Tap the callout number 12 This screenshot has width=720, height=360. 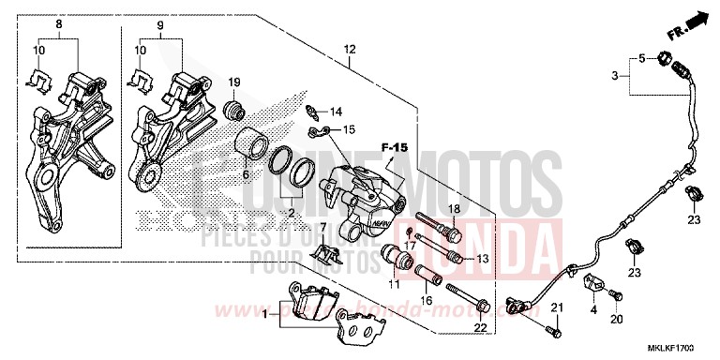coord(350,49)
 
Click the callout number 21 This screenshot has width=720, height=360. coord(555,307)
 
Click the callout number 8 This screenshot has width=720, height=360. coord(59,22)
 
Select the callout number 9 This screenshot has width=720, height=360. coord(158,22)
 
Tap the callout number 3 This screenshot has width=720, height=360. coord(616,73)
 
